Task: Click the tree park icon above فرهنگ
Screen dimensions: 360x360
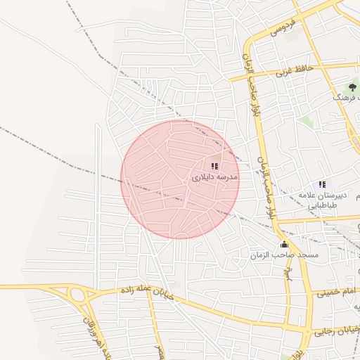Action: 352,86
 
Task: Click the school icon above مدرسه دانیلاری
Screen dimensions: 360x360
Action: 214,166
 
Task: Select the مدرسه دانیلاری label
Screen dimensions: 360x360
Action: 214,178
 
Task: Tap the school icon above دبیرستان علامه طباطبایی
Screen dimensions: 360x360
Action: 322,184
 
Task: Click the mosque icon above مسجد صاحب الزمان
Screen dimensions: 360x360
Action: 284,244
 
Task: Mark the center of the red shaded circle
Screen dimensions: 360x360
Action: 180,179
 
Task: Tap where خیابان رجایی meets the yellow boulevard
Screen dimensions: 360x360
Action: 309,330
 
